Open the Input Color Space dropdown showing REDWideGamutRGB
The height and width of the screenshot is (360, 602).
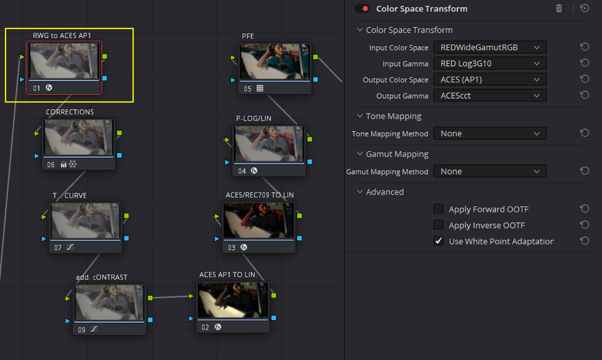click(490, 47)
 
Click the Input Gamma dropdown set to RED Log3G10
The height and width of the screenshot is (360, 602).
click(490, 63)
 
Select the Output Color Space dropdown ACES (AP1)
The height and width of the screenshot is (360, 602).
click(490, 79)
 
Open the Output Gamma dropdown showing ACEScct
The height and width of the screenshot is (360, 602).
click(490, 96)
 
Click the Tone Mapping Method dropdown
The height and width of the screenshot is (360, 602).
click(490, 133)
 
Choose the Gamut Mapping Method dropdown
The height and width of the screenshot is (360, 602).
click(490, 172)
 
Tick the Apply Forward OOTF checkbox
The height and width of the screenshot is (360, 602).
click(438, 209)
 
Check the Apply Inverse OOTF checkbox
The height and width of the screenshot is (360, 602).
click(438, 225)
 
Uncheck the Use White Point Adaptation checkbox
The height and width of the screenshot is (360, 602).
click(438, 241)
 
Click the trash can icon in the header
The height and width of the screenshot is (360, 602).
click(559, 8)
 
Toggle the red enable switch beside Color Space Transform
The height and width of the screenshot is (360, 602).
click(362, 9)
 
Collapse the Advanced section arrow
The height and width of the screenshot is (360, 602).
click(360, 192)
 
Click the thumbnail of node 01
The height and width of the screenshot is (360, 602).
click(64, 61)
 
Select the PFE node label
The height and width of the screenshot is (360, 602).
click(248, 36)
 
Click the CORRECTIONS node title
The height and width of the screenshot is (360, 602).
click(70, 112)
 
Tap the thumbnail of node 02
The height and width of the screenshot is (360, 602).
click(233, 300)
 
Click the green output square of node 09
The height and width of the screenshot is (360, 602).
click(150, 298)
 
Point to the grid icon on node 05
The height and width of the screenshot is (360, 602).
click(260, 88)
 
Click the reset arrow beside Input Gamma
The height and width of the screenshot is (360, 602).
click(585, 63)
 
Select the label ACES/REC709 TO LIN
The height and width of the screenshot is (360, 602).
click(260, 195)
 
